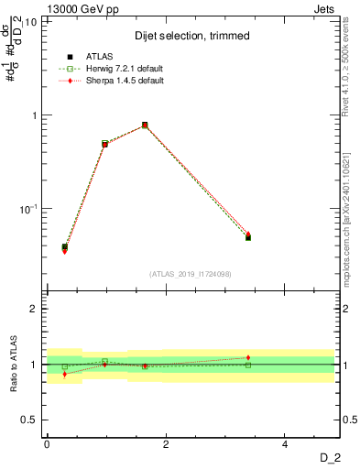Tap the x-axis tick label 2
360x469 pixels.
tap(166, 443)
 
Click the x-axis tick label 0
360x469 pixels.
tap(47, 443)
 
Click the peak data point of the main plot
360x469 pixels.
tap(145, 125)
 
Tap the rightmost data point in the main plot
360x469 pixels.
tap(248, 237)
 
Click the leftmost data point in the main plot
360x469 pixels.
tap(64, 247)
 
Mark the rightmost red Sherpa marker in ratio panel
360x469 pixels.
tap(248, 357)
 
